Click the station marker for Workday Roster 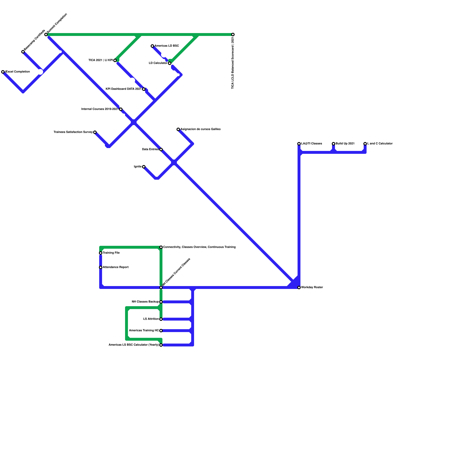[299, 287]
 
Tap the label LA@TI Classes [312, 144]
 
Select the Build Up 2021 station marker [333, 144]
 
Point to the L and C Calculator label [380, 144]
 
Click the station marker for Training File [101, 253]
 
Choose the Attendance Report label [116, 267]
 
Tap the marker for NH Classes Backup [161, 302]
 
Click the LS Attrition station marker [161, 319]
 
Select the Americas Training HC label [144, 331]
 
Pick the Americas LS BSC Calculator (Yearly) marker [161, 345]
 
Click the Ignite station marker [144, 167]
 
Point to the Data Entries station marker [161, 149]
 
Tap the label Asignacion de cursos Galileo [200, 129]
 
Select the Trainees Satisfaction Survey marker [95, 132]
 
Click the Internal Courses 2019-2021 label [100, 109]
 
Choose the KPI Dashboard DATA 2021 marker [144, 89]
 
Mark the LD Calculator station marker [170, 63]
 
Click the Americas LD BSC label [167, 46]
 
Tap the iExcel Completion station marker [3, 72]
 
